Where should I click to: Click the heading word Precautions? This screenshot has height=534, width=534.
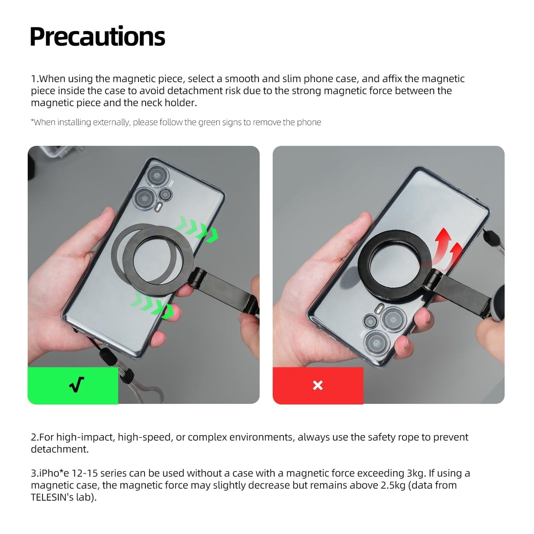point(97,37)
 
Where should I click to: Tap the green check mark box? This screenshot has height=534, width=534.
point(73,385)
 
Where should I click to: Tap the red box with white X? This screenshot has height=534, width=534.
point(318,385)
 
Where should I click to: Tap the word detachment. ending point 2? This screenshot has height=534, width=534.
point(59,449)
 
